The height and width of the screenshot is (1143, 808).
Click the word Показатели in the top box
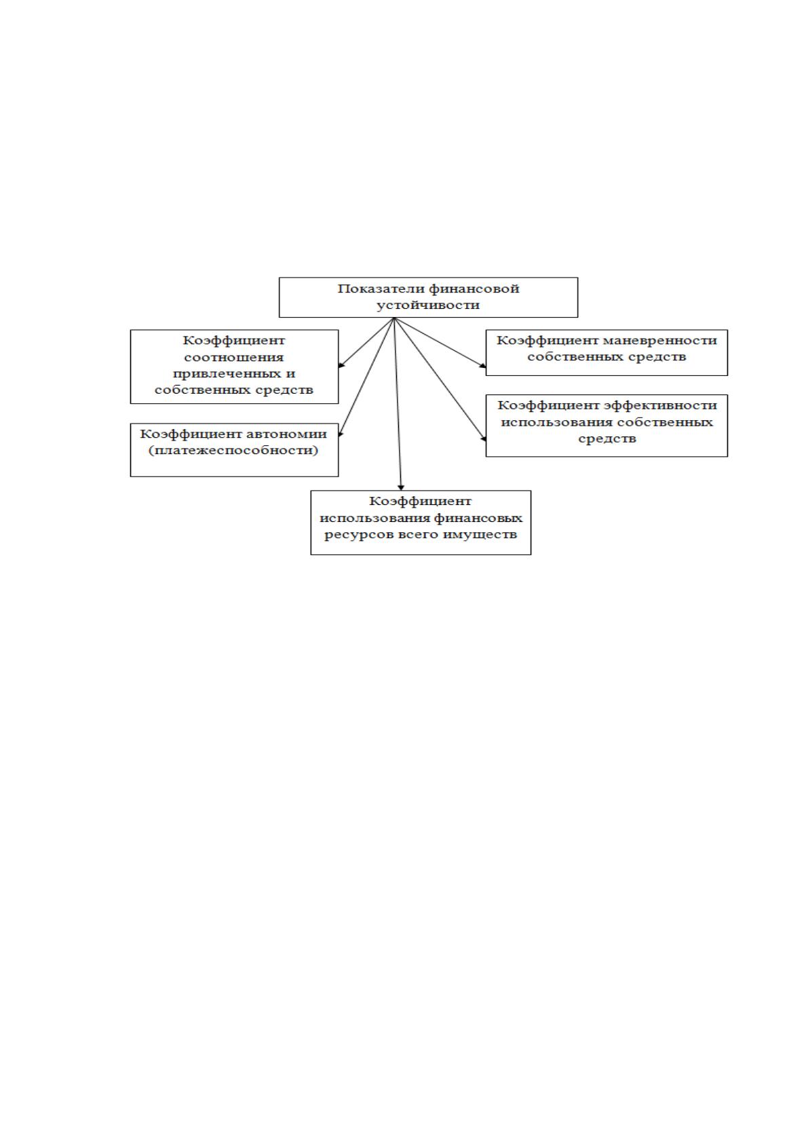click(x=381, y=289)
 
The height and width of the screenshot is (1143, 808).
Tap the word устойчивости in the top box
click(x=428, y=305)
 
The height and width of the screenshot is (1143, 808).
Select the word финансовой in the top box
click(x=474, y=289)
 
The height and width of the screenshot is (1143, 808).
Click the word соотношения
click(x=233, y=357)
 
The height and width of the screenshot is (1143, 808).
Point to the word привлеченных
click(x=227, y=374)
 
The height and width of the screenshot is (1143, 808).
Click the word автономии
click(x=287, y=434)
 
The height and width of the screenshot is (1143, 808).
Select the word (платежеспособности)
click(x=233, y=451)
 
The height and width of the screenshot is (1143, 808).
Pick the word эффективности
click(x=660, y=406)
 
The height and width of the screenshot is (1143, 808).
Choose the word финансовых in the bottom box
click(x=478, y=519)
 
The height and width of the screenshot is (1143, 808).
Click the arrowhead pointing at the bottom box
click(x=401, y=487)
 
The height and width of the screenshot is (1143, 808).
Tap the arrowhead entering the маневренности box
click(x=482, y=365)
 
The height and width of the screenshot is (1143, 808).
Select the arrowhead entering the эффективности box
click(x=483, y=437)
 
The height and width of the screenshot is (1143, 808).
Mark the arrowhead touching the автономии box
click(x=341, y=433)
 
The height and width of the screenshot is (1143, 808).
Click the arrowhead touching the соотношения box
click(x=342, y=364)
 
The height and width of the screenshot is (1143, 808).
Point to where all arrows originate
click(x=393, y=318)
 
